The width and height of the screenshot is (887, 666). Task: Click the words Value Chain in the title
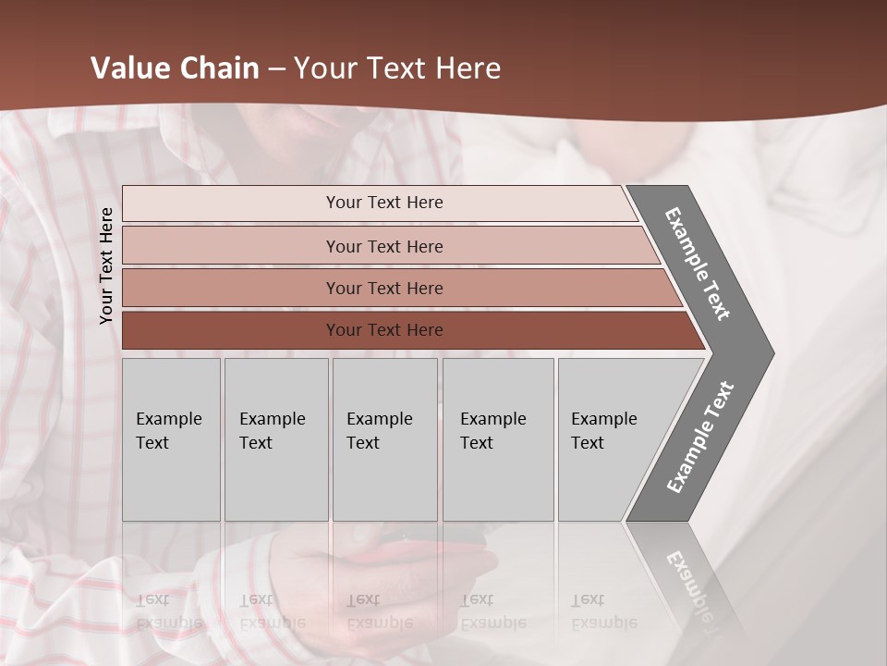click(x=175, y=68)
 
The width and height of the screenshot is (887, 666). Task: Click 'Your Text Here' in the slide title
click(x=397, y=68)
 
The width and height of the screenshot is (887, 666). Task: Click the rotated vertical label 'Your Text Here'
click(x=106, y=265)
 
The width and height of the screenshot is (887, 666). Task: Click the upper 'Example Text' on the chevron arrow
click(x=698, y=264)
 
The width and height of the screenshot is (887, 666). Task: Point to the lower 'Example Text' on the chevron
click(x=700, y=438)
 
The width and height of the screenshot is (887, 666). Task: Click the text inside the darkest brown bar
click(x=384, y=330)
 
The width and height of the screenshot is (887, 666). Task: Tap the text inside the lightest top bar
click(x=384, y=203)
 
